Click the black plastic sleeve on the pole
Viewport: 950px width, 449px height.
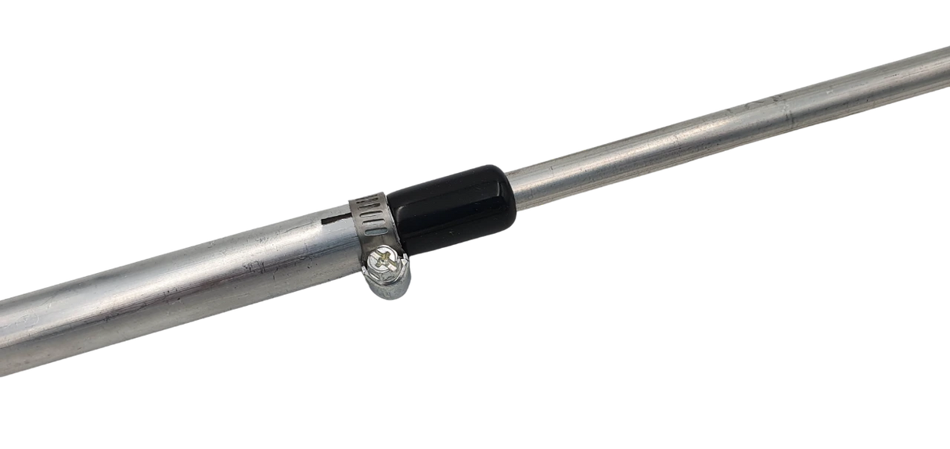pos(450,207)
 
